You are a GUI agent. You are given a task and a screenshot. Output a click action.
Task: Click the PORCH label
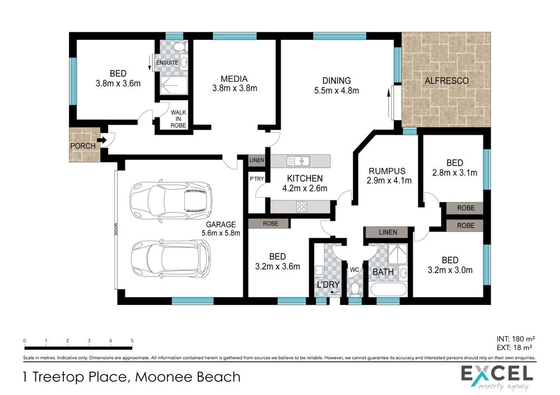(x=82, y=146)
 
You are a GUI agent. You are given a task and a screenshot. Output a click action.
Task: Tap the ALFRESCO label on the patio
(x=446, y=81)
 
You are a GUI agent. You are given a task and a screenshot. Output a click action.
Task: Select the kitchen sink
(x=298, y=161)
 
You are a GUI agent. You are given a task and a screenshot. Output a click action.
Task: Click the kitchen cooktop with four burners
(x=301, y=206)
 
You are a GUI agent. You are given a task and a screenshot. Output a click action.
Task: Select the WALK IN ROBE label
(x=179, y=119)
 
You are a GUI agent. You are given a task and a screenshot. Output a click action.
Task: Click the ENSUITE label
(x=167, y=63)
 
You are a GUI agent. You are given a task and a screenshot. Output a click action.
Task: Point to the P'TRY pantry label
(x=256, y=179)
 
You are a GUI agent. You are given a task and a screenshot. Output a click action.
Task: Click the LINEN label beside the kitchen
(x=256, y=161)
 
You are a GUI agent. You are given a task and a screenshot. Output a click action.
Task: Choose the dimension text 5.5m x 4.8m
(x=336, y=90)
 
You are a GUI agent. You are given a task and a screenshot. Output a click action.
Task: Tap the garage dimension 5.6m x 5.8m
(x=222, y=233)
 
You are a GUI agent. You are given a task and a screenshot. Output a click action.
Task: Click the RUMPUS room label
(x=386, y=171)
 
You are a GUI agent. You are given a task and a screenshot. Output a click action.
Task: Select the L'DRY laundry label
(x=328, y=285)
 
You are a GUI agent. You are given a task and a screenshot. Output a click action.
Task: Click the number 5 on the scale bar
(x=132, y=341)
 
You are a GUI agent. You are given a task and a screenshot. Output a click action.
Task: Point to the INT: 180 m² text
(x=516, y=339)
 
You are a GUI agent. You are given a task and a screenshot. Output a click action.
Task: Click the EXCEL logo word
(x=496, y=373)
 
